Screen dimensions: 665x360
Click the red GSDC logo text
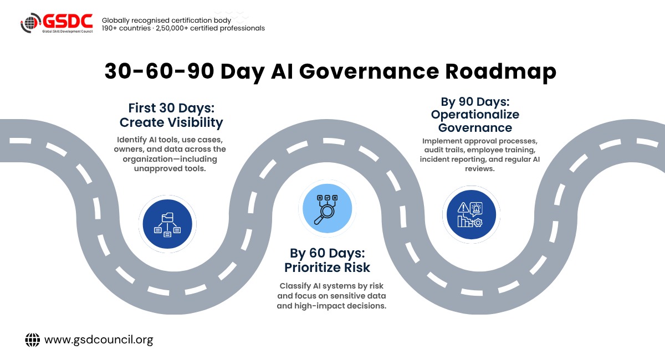68,21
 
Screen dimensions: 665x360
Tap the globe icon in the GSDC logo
30,23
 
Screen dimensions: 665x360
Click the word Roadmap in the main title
500,71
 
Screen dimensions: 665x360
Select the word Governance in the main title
369,71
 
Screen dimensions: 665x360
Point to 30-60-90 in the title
159,71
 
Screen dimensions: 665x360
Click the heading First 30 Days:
171,108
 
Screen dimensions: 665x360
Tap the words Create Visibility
171,122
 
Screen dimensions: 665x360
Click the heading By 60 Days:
327,253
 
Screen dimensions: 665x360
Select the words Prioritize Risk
327,268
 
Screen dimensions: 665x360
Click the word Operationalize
475,115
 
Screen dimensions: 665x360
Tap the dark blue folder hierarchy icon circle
167,224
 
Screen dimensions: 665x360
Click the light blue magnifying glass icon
327,208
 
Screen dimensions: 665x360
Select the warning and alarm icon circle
471,214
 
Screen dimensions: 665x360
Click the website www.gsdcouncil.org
99,340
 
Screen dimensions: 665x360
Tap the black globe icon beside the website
32,340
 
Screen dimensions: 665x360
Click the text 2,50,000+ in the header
172,28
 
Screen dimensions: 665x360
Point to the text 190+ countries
126,28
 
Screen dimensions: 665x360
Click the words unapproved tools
170,168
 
